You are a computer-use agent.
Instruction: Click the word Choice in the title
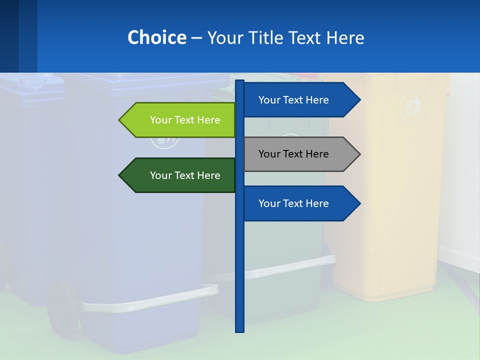156,37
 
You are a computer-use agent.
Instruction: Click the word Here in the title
345,37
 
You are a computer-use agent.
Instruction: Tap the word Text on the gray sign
293,154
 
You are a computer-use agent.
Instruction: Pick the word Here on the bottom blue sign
315,203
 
